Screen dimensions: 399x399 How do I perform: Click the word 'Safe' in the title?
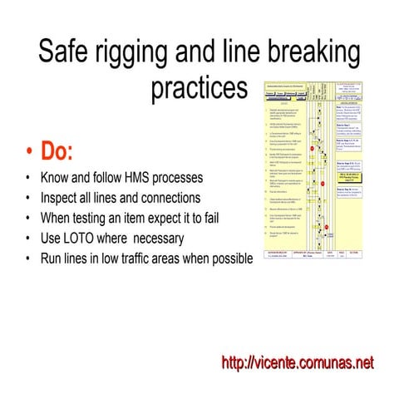pos(67,53)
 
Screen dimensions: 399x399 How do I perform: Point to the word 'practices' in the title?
pos(199,88)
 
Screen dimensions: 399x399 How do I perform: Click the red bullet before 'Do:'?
pos(31,153)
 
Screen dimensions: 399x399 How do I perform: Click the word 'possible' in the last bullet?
pos(229,259)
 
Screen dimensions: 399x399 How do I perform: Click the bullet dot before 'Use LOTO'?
pos(29,239)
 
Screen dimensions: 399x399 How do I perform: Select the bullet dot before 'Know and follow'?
pos(29,179)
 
